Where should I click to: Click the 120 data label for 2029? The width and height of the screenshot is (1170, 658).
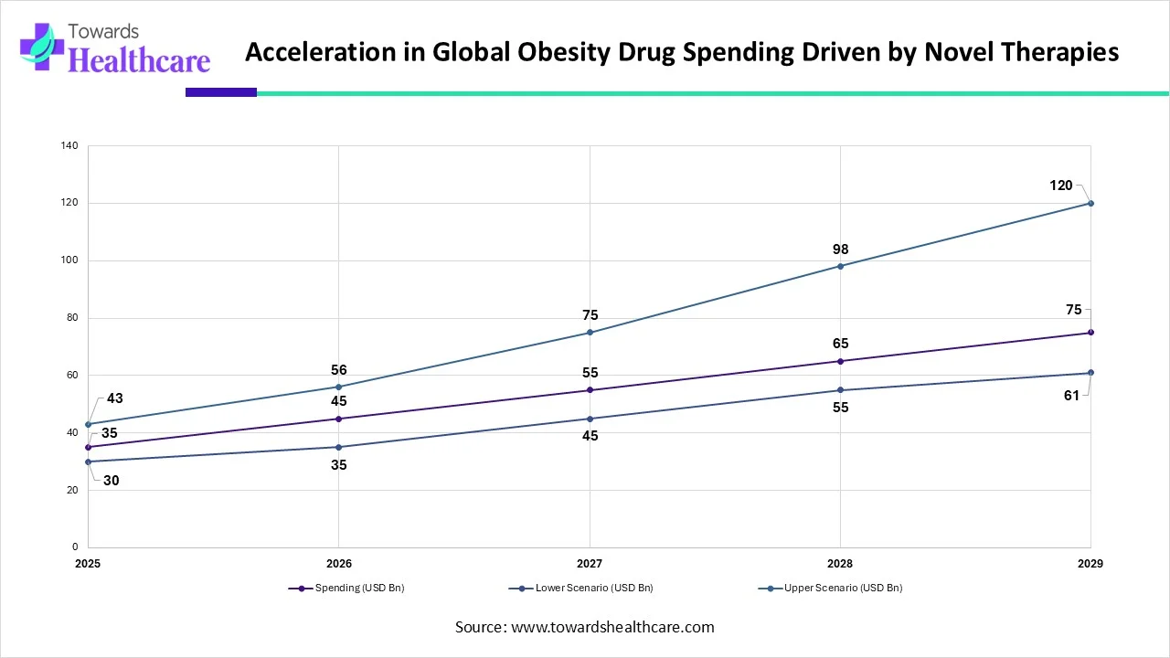coord(1060,186)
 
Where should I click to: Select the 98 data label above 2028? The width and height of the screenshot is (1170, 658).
coord(840,249)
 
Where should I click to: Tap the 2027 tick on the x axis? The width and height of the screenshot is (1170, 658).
coord(590,564)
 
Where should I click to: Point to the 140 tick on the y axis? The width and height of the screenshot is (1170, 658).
coord(69,146)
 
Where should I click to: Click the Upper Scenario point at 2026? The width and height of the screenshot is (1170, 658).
coord(339,387)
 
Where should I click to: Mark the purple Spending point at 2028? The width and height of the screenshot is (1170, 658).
coord(840,361)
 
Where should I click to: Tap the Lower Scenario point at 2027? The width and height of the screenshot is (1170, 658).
coord(590,419)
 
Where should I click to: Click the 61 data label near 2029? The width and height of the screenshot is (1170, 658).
coord(1073,395)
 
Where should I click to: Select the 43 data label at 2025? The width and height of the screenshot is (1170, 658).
coord(114,398)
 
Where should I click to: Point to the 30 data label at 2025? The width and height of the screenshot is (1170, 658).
coord(111,480)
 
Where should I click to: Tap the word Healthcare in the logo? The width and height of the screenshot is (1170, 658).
coord(140,60)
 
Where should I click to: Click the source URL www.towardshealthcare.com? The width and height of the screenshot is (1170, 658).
coord(611,627)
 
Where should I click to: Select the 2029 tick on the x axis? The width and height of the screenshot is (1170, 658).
coord(1090,564)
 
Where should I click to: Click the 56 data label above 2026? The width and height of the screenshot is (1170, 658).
coord(339,370)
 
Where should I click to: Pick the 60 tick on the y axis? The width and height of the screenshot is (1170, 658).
coord(69,376)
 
